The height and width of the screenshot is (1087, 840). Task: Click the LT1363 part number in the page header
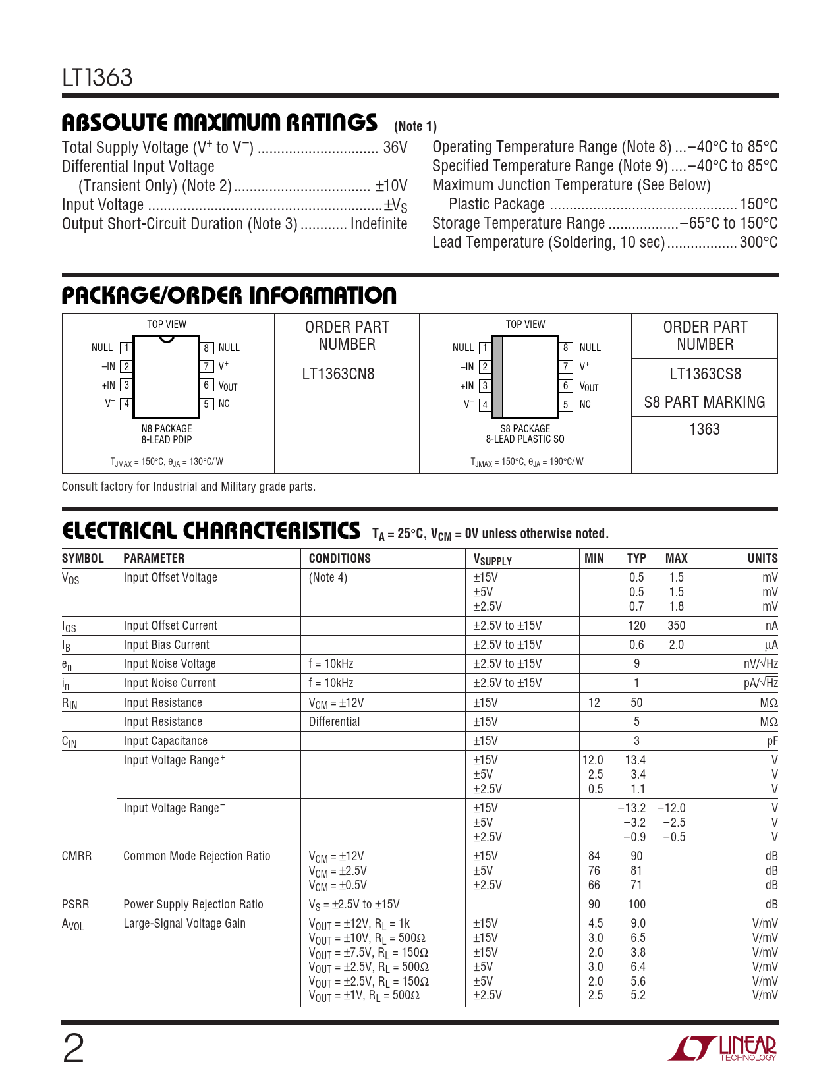[98, 78]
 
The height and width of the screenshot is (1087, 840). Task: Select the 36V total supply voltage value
[395, 148]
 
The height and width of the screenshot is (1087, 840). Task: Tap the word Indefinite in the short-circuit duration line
[379, 224]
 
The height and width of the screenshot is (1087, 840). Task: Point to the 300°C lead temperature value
[758, 242]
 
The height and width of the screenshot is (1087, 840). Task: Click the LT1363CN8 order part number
[338, 374]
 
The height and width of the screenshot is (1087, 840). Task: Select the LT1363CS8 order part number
[705, 374]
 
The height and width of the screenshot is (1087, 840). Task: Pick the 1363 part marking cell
[704, 430]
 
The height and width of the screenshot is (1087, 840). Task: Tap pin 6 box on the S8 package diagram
[567, 386]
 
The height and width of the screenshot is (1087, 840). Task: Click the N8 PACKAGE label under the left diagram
[167, 428]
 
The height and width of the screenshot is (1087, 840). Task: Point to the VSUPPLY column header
[492, 559]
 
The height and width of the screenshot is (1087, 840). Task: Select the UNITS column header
[762, 559]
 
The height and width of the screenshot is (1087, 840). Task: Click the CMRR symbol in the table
[76, 856]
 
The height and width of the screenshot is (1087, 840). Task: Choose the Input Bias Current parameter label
[166, 645]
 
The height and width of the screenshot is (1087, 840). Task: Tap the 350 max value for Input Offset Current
[676, 626]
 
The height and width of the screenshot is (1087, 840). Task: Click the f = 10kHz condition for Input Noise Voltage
[331, 664]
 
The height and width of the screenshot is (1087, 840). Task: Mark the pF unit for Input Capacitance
[772, 741]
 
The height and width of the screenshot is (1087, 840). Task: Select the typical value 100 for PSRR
[636, 905]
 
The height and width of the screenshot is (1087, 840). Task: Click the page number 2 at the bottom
[73, 1049]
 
